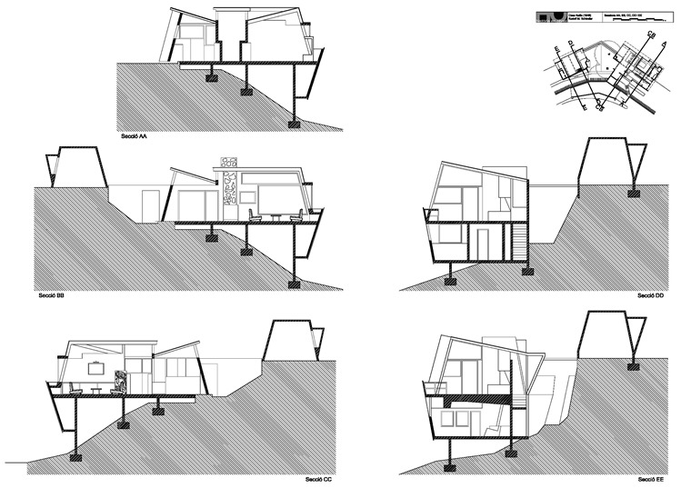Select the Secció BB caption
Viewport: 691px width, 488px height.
[x=48, y=295]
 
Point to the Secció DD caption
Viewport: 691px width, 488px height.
[x=648, y=295]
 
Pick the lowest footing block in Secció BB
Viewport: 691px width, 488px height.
[x=293, y=284]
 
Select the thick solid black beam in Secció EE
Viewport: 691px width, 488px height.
[x=477, y=398]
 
